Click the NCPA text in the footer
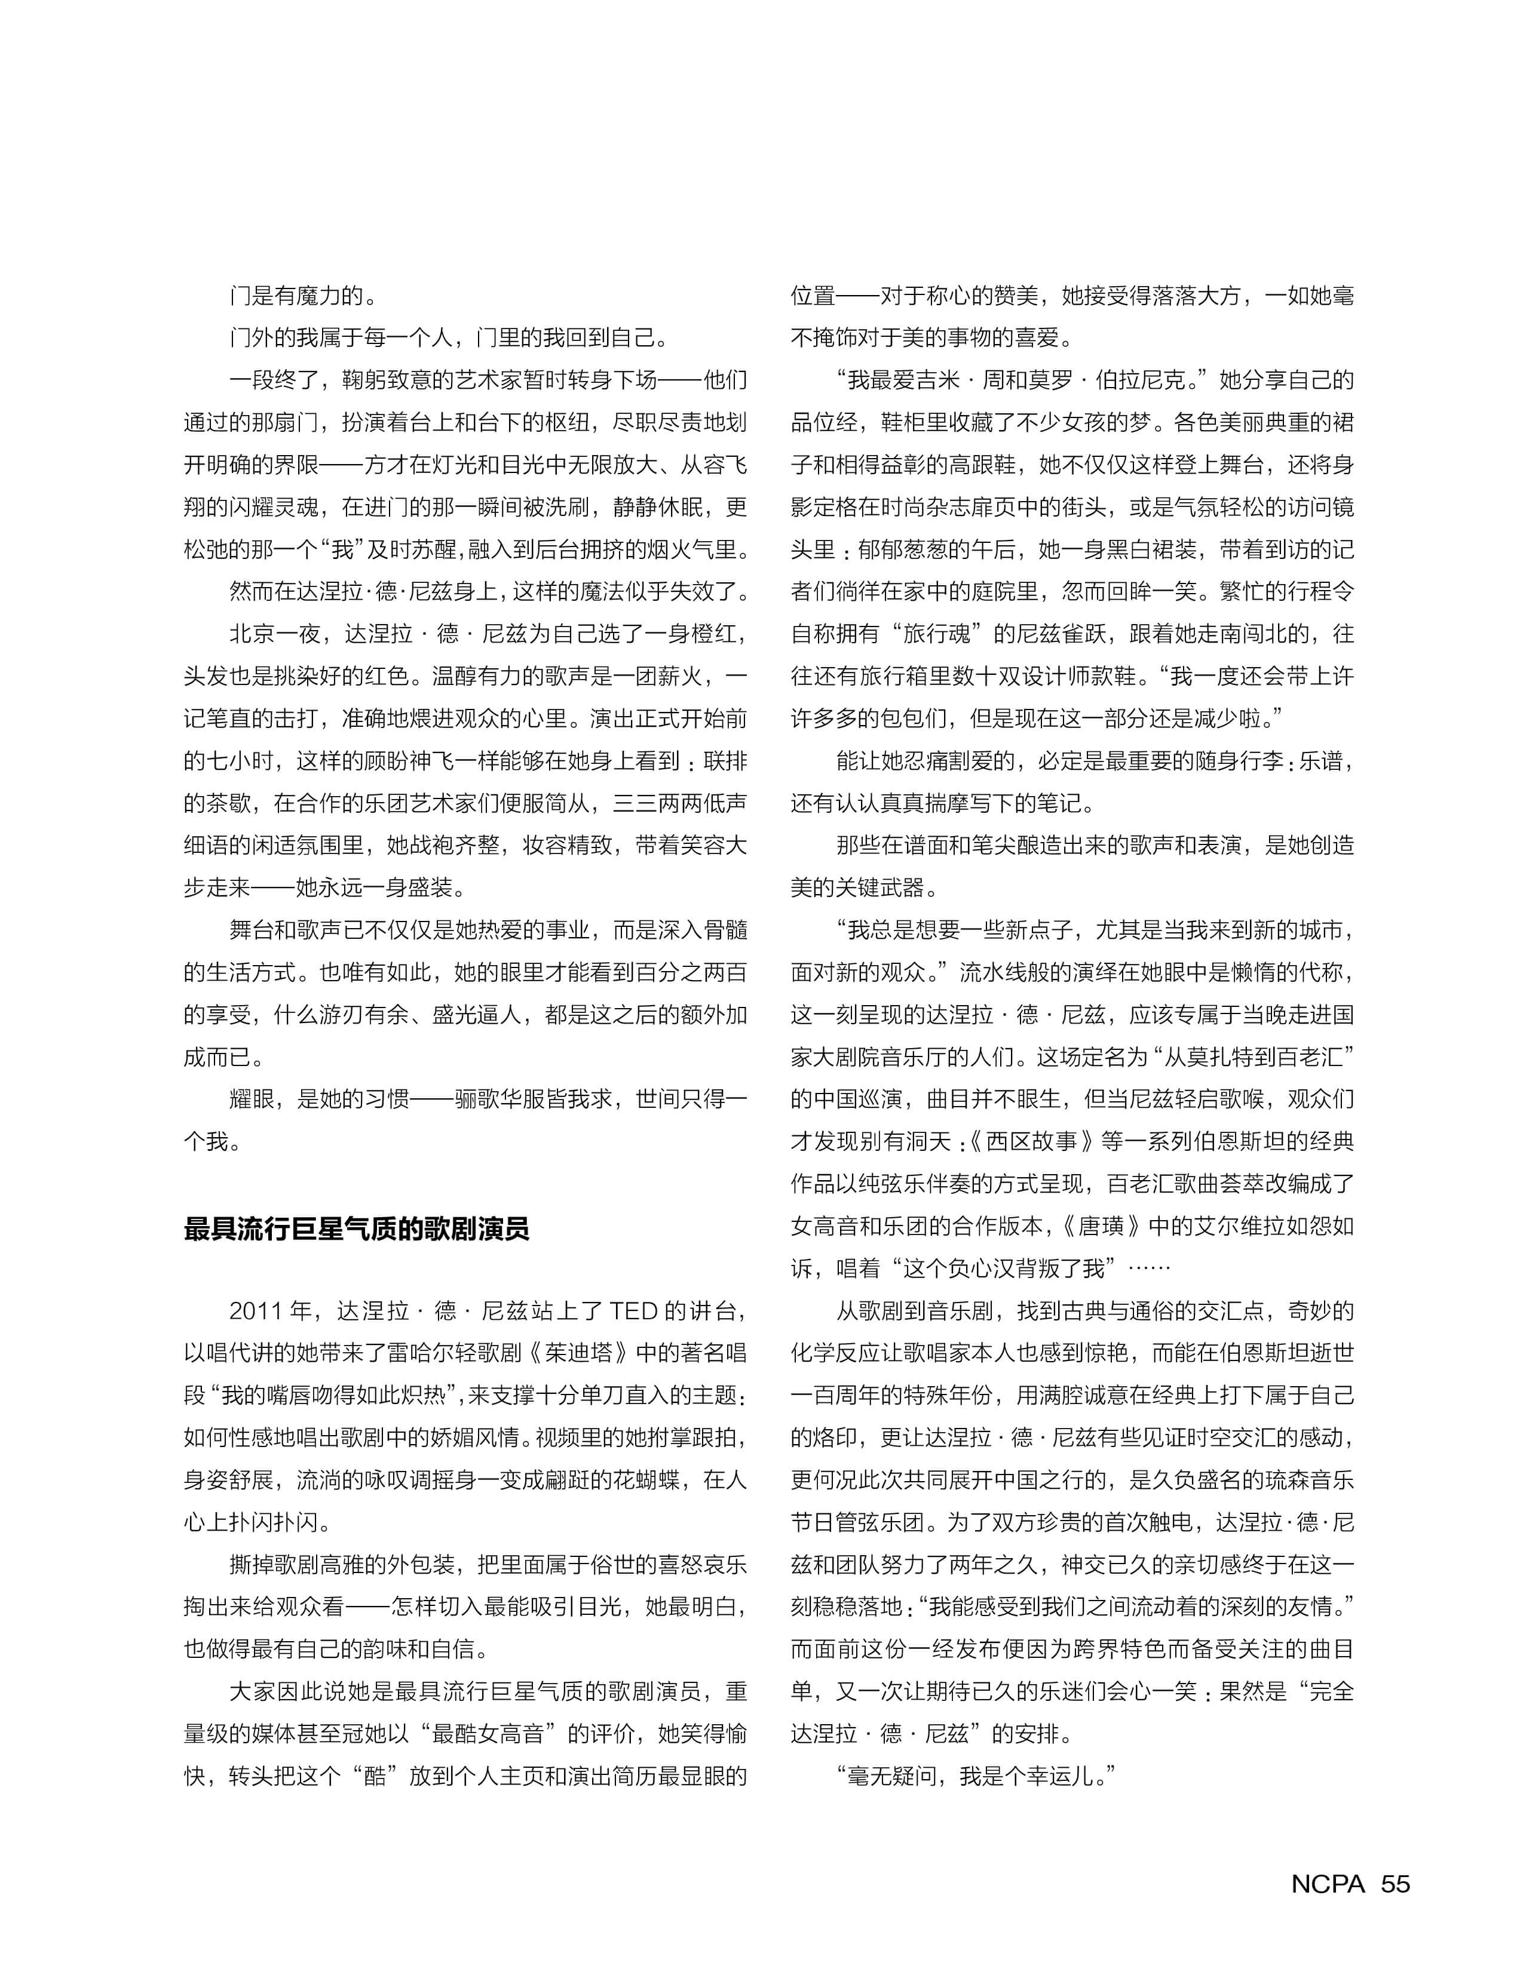(1328, 1884)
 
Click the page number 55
(1395, 1884)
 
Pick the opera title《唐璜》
(1104, 1227)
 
